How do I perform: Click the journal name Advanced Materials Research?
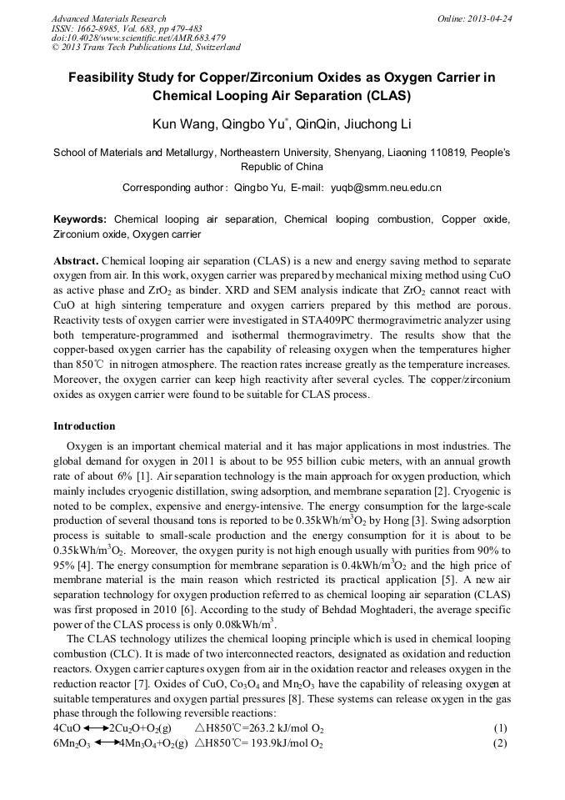108,18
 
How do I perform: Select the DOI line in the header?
138,38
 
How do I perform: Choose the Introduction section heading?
84,426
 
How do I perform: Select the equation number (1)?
499,728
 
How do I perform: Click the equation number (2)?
499,743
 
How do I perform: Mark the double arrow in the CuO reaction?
96,728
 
